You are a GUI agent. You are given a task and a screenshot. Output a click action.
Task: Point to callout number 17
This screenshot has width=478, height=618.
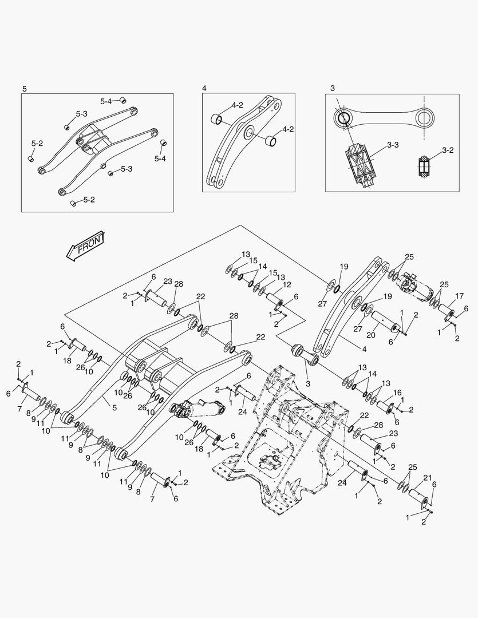(x=459, y=296)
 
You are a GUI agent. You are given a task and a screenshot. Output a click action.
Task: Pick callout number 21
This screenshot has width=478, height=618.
(x=427, y=478)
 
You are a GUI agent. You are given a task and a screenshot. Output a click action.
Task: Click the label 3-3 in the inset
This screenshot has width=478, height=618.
(x=392, y=145)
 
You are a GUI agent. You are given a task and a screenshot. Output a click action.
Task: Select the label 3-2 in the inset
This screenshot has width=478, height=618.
(x=448, y=150)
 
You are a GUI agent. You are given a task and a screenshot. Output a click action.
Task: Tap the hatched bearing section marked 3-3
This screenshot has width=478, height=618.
(x=360, y=162)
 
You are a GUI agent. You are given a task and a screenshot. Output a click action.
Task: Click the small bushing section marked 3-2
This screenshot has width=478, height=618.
(x=425, y=165)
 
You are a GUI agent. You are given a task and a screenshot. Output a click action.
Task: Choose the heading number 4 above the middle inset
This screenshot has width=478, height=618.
(x=204, y=88)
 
